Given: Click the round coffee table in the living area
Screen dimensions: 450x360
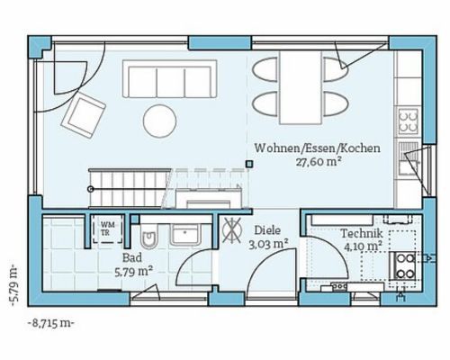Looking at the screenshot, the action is tap(159, 121).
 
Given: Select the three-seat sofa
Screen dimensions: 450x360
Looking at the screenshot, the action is tap(169, 78).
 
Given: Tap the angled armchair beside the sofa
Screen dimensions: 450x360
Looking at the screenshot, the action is tap(83, 115).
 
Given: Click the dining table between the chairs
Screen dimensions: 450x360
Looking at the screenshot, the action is tap(301, 87).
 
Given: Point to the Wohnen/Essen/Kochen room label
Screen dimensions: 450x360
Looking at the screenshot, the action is tap(318, 148).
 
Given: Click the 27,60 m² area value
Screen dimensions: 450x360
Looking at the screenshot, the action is tap(319, 162).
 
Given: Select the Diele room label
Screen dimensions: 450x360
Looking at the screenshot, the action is tap(267, 230).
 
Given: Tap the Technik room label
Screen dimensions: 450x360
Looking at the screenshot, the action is tap(362, 233).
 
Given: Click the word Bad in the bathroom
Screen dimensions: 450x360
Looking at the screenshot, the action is tap(132, 257).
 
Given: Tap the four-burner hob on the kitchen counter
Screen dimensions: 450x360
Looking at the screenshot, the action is tap(409, 121).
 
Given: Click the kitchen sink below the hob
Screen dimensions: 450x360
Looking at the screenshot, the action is tap(409, 159).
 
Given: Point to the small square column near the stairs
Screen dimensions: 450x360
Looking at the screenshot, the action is tap(248, 164).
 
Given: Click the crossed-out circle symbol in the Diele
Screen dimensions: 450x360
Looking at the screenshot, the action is tap(232, 230).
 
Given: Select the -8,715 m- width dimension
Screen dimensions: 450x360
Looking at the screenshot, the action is tap(50, 323).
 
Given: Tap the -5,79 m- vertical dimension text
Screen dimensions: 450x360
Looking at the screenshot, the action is tap(14, 284).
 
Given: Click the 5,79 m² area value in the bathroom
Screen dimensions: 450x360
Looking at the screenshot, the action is tap(134, 272).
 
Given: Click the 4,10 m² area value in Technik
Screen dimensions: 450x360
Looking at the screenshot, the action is tap(363, 247).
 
